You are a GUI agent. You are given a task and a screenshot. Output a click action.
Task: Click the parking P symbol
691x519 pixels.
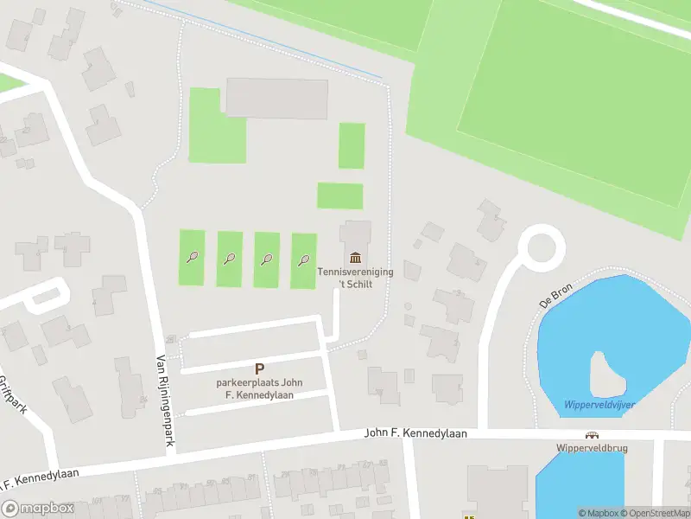coord(259,369)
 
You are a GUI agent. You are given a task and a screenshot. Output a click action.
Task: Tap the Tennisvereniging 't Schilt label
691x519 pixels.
coord(355,278)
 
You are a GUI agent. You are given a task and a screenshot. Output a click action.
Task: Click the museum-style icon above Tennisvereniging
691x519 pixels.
coord(355,257)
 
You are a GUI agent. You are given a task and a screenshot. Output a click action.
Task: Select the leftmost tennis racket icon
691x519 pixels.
coord(192,257)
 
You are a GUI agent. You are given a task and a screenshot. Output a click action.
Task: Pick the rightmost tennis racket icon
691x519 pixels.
coord(303,259)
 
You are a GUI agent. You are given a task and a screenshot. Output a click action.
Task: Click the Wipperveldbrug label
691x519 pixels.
coord(592,449)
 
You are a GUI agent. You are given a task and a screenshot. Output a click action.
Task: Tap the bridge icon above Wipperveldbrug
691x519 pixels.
coord(592,436)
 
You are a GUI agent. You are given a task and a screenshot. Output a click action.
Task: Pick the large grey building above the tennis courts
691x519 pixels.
coord(276,99)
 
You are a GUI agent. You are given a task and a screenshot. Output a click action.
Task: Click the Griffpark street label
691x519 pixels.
coord(12,394)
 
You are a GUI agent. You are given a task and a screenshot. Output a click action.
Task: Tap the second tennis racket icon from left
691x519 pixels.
coord(229,258)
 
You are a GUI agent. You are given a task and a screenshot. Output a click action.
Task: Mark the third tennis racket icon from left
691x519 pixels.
coord(267,259)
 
